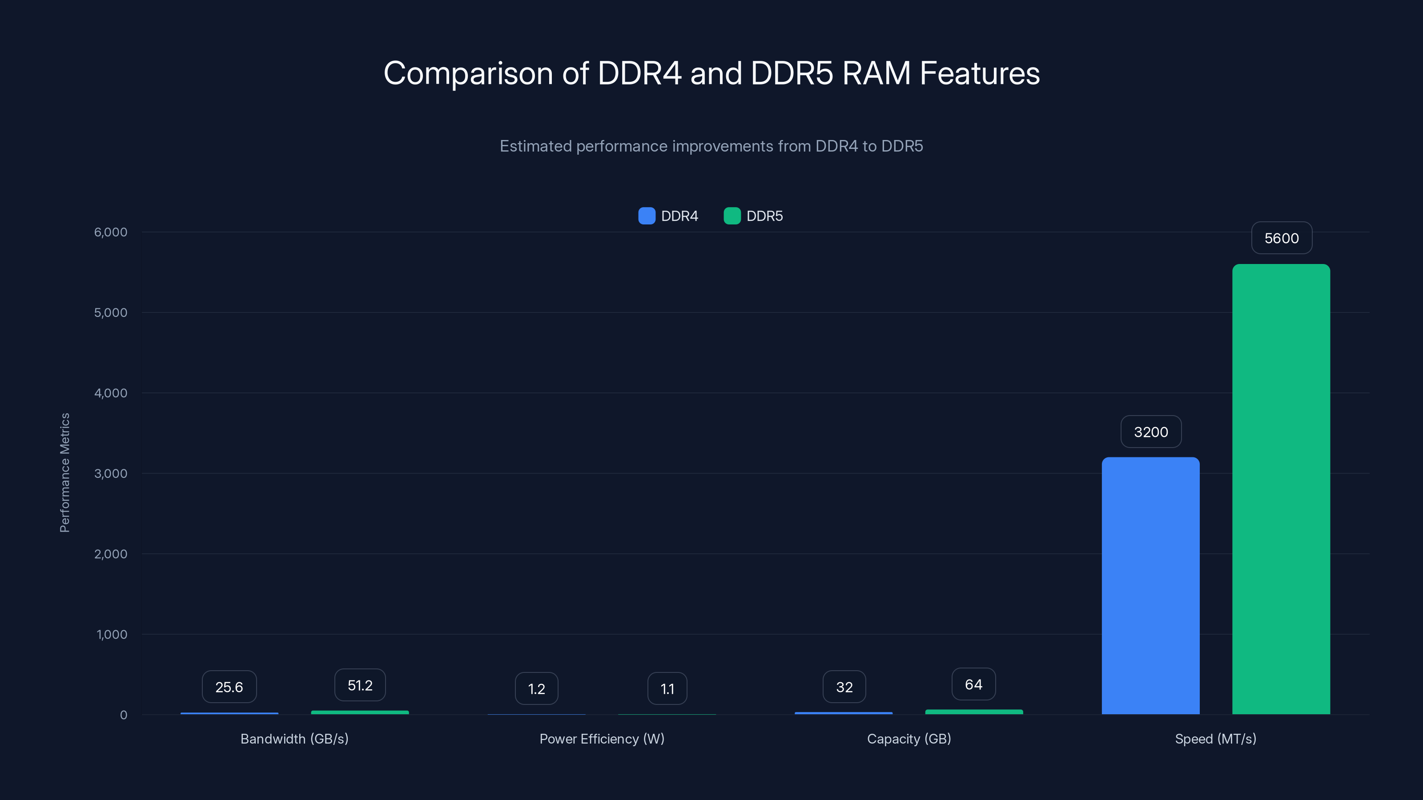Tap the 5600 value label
1281,238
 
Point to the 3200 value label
1151,432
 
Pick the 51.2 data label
360,685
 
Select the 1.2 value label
536,688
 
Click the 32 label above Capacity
844,687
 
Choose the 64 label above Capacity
973,684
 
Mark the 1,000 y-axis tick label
112,634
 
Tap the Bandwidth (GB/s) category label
294,739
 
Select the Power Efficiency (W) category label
602,739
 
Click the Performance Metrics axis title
64,472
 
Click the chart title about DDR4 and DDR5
711,73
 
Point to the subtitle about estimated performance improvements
711,146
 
